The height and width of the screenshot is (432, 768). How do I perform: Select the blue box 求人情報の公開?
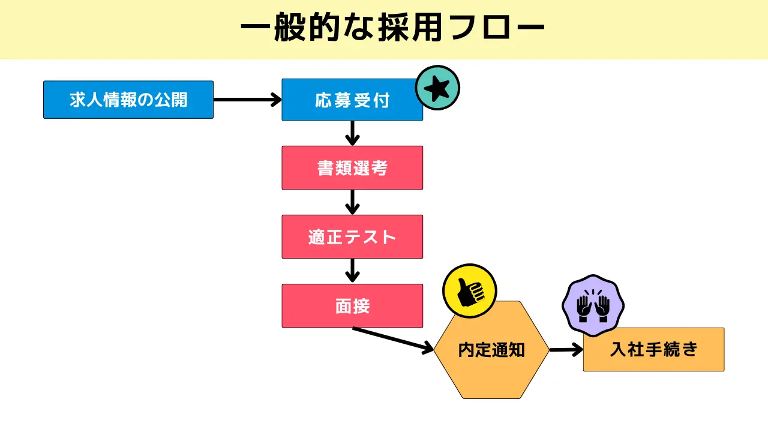[x=128, y=100]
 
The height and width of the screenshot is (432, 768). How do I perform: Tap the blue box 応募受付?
[x=352, y=100]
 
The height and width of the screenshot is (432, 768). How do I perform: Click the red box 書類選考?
[x=352, y=168]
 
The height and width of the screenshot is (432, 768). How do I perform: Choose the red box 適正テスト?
[x=352, y=237]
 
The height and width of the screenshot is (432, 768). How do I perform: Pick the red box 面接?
[x=352, y=306]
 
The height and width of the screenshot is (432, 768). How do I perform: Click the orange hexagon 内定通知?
[x=491, y=350]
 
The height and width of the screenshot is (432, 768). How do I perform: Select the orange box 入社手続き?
[x=653, y=349]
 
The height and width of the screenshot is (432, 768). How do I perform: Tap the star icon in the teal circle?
[x=437, y=88]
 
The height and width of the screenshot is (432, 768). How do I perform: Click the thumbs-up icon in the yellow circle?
[x=469, y=292]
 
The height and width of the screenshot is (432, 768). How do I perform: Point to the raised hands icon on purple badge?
[x=593, y=307]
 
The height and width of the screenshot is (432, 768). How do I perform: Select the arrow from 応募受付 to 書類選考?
[x=353, y=133]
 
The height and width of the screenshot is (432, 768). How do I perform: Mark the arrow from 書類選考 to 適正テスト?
[x=353, y=202]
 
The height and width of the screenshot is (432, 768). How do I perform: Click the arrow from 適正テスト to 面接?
[x=353, y=271]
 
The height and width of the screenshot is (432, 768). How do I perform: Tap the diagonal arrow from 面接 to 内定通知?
[x=393, y=339]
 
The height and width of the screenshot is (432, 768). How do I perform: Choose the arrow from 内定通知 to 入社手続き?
[x=566, y=349]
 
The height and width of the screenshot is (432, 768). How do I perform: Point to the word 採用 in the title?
[x=411, y=29]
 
